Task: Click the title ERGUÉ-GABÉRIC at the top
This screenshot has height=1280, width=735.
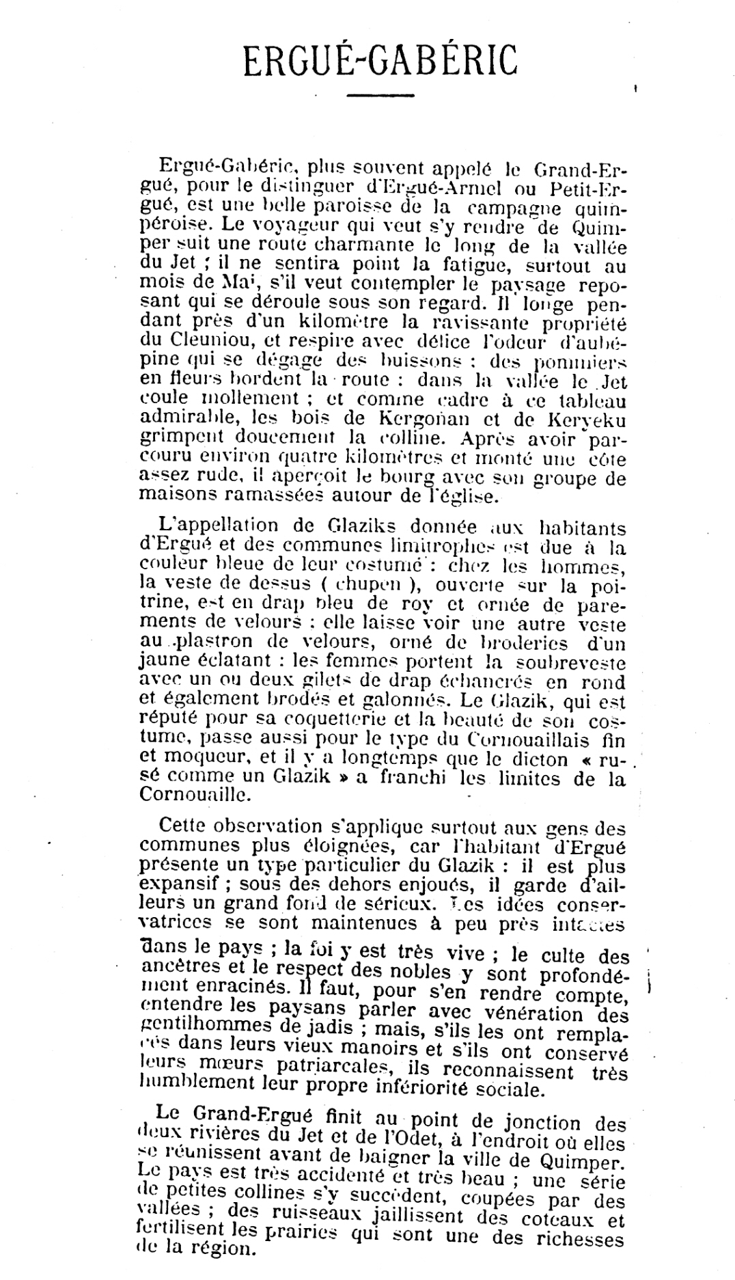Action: (x=380, y=61)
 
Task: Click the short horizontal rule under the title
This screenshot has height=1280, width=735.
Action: (x=380, y=95)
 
